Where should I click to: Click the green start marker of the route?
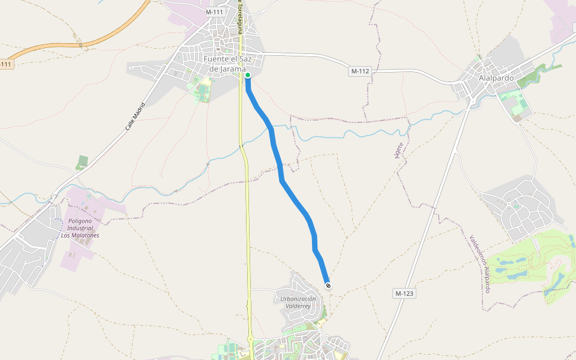[247, 76]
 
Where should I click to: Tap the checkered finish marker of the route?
[328, 286]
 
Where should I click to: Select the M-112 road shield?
[359, 71]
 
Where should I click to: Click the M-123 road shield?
[405, 293]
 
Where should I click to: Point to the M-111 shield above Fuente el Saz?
[214, 12]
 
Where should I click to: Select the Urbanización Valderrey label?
[298, 302]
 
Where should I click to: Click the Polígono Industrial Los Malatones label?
[80, 228]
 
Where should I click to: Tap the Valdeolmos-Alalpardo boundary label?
[480, 263]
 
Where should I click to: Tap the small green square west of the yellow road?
[82, 162]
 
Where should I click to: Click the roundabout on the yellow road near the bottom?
[251, 340]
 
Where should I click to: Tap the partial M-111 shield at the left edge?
[5, 64]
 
